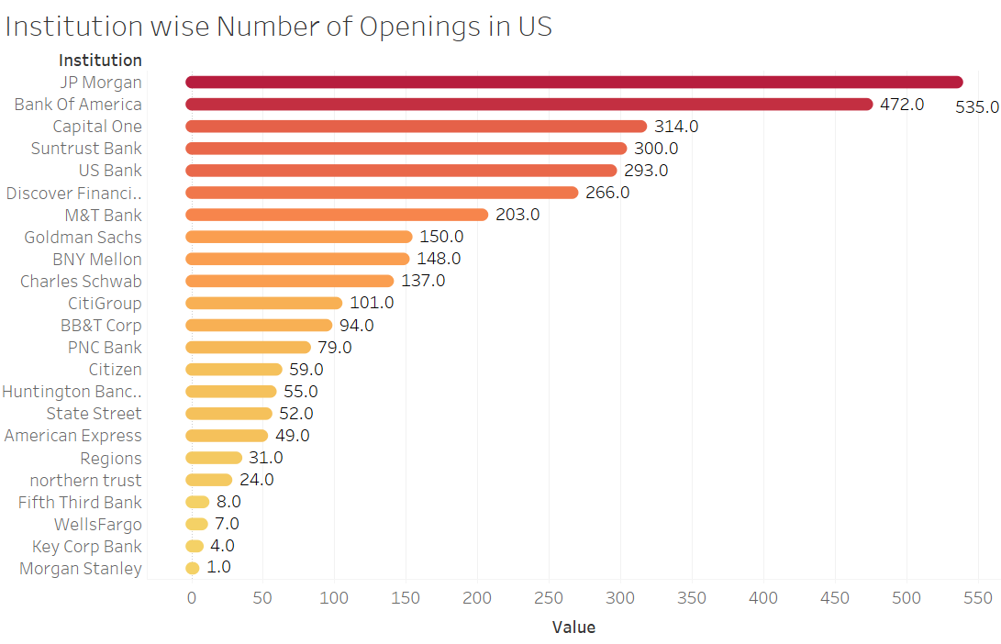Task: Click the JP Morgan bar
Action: click(573, 83)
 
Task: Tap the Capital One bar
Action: click(416, 127)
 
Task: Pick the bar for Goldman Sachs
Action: click(299, 237)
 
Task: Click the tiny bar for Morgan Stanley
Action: click(193, 569)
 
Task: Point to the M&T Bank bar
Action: click(337, 215)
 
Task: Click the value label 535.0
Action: click(976, 106)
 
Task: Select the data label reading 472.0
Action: click(902, 105)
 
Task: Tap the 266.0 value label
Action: click(607, 193)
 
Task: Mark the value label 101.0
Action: click(372, 303)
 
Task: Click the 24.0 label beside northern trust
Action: click(256, 480)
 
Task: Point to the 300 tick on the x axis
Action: click(620, 598)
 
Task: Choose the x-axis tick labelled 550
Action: click(978, 598)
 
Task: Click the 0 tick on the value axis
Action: click(192, 598)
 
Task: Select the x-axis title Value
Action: click(573, 627)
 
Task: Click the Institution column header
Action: click(100, 61)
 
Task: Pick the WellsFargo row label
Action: click(98, 525)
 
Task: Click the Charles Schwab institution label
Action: click(81, 282)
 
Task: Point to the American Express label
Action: click(73, 436)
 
